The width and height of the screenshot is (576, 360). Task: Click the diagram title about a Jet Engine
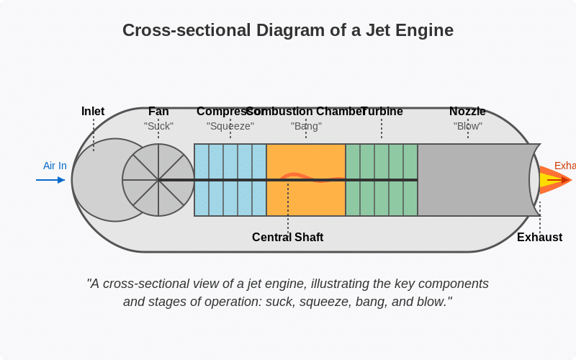(288, 30)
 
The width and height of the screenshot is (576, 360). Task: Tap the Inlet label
(93, 112)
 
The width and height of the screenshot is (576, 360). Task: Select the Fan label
(158, 112)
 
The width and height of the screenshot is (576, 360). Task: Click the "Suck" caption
(158, 126)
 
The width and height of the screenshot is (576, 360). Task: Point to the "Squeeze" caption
(230, 126)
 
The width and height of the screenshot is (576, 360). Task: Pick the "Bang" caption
(306, 126)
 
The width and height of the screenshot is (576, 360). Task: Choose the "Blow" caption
(468, 126)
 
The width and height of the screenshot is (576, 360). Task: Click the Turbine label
(382, 112)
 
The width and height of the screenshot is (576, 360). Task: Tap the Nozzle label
(467, 112)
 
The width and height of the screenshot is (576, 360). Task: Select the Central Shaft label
(288, 238)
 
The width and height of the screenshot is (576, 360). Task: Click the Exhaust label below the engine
(539, 238)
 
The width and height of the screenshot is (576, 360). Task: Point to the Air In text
(55, 166)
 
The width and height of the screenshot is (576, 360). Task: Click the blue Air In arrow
(50, 180)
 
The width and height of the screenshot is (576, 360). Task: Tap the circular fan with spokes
(158, 180)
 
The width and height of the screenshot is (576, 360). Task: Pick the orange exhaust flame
(554, 180)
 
